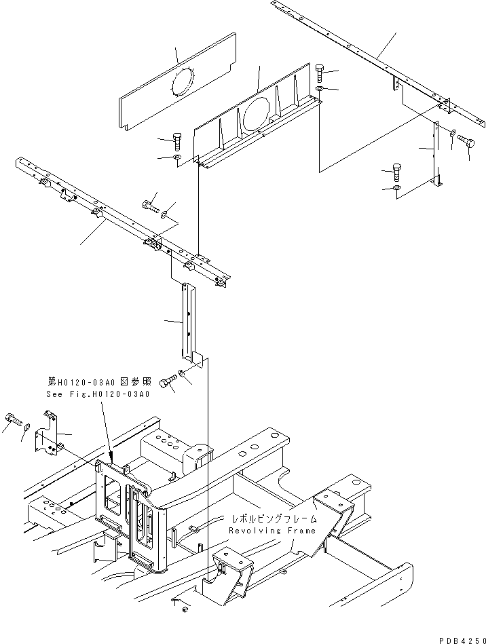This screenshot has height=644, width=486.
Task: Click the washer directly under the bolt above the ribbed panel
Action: pos(320,89)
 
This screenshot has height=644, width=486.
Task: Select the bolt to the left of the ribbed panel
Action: pos(176,141)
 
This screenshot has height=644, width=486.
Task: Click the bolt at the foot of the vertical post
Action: pos(167,383)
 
